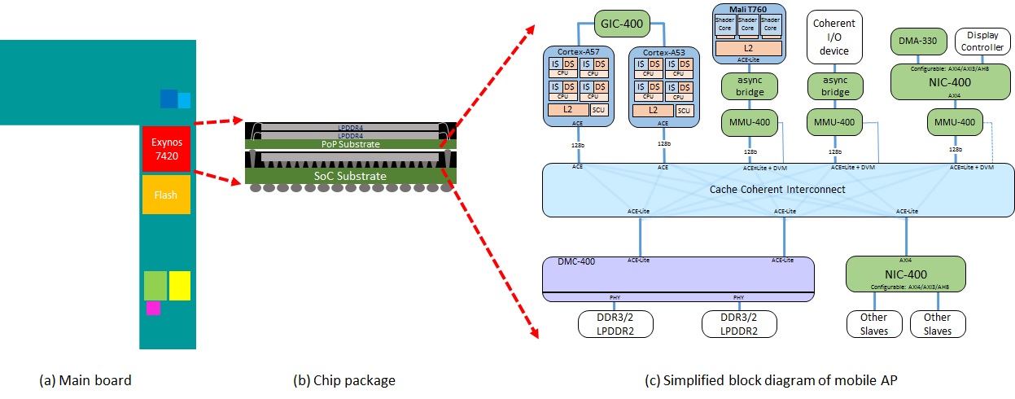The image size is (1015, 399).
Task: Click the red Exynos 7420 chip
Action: click(166, 148)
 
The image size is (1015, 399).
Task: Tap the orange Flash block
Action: click(166, 195)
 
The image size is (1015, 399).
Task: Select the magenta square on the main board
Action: click(153, 309)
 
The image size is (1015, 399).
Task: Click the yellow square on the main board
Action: click(179, 286)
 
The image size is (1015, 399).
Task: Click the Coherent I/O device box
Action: click(834, 37)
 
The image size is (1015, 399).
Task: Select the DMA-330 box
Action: click(915, 40)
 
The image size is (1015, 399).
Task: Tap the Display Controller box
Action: click(982, 41)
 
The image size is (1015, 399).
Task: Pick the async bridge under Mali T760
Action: click(749, 86)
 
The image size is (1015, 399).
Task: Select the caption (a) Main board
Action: click(85, 379)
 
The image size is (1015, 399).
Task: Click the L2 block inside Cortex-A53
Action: click(652, 109)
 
